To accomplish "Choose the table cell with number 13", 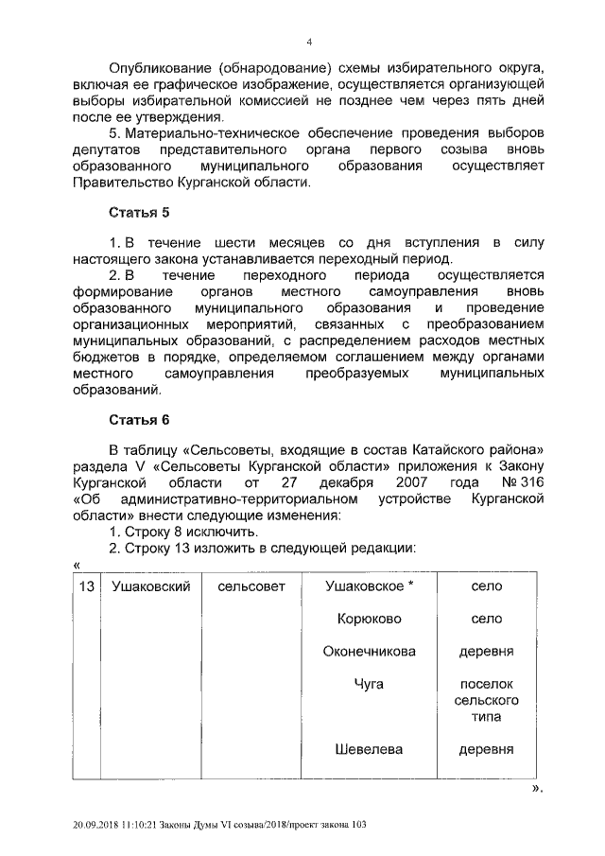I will point(86,587).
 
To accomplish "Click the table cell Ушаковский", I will point(151,587).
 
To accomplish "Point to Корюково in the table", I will point(370,619).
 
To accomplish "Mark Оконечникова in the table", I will point(370,652).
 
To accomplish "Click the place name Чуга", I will point(370,683).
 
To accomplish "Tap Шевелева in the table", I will point(370,749).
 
